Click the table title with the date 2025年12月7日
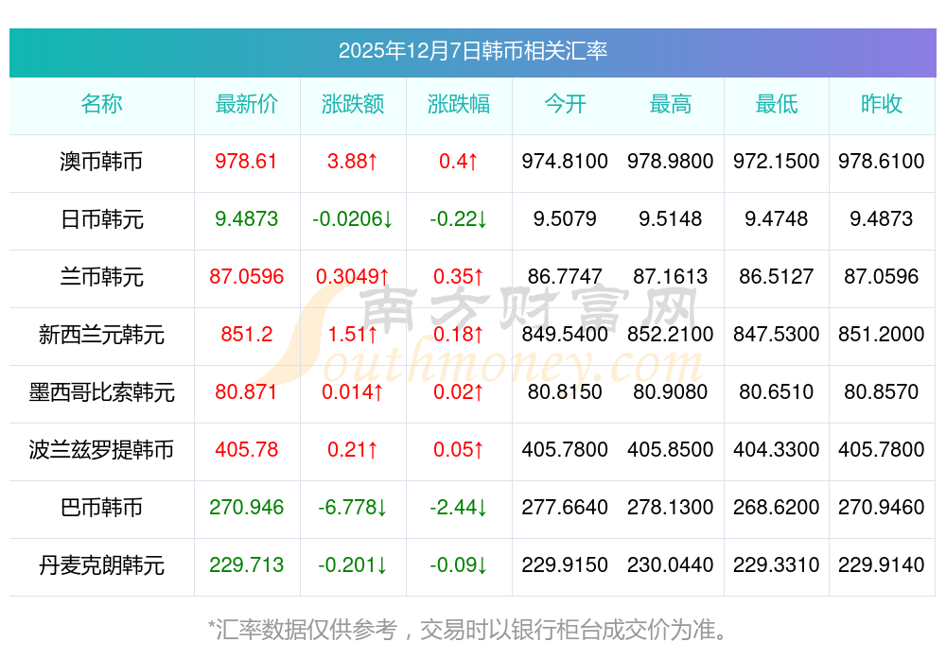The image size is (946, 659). (473, 51)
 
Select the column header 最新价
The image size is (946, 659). (247, 104)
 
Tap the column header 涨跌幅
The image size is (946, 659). (459, 104)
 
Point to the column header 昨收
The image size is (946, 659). (882, 104)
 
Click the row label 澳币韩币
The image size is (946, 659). (101, 162)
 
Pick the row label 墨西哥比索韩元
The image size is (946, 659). (101, 392)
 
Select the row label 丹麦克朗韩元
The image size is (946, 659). (101, 565)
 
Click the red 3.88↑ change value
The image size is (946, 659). (353, 162)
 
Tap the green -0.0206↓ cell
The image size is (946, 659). (353, 219)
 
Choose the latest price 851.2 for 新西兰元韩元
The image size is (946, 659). (247, 335)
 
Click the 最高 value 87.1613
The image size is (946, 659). (671, 277)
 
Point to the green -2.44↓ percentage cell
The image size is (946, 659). (459, 508)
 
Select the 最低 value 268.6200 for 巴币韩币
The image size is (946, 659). (777, 508)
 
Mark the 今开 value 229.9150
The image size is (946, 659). (565, 565)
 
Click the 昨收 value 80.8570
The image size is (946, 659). (882, 392)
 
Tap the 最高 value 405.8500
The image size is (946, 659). (671, 450)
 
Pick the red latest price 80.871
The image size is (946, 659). (247, 392)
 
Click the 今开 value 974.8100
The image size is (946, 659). (565, 162)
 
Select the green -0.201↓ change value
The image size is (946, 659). (353, 565)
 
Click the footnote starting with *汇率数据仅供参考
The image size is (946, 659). (468, 629)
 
